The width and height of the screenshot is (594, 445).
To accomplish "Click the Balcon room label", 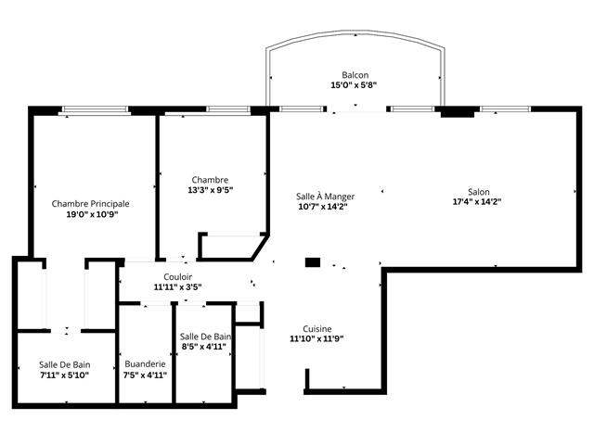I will pyautogui.click(x=355, y=75).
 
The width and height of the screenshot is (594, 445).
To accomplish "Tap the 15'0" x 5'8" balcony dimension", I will pyautogui.click(x=355, y=85).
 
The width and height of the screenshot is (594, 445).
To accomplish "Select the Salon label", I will pyautogui.click(x=478, y=191).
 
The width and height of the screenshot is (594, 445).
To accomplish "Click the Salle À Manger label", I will pyautogui.click(x=325, y=197).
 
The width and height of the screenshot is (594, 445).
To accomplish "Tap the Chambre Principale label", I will pyautogui.click(x=90, y=203).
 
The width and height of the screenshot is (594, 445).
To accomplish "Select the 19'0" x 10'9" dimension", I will pyautogui.click(x=90, y=213).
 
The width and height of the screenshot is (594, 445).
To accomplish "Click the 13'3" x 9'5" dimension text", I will pyautogui.click(x=210, y=190).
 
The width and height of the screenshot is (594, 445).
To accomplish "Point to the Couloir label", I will pyautogui.click(x=178, y=276).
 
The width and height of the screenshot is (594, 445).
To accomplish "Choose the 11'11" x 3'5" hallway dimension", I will pyautogui.click(x=178, y=286).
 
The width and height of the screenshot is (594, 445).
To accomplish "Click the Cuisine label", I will pyautogui.click(x=317, y=328).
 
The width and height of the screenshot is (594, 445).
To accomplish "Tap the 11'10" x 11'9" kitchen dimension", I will pyautogui.click(x=317, y=338).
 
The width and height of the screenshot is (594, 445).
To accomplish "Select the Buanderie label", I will pyautogui.click(x=145, y=364).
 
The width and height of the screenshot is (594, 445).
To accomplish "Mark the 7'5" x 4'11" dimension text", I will pyautogui.click(x=145, y=375).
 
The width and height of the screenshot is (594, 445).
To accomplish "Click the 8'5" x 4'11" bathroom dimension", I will pyautogui.click(x=204, y=347).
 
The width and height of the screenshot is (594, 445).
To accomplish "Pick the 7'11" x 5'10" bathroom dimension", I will pyautogui.click(x=64, y=375).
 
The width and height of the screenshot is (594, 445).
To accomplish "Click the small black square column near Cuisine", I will pyautogui.click(x=313, y=262).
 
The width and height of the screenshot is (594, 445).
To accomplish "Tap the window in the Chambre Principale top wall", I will pyautogui.click(x=95, y=110).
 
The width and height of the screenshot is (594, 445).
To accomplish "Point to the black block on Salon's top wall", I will pyautogui.click(x=457, y=112).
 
